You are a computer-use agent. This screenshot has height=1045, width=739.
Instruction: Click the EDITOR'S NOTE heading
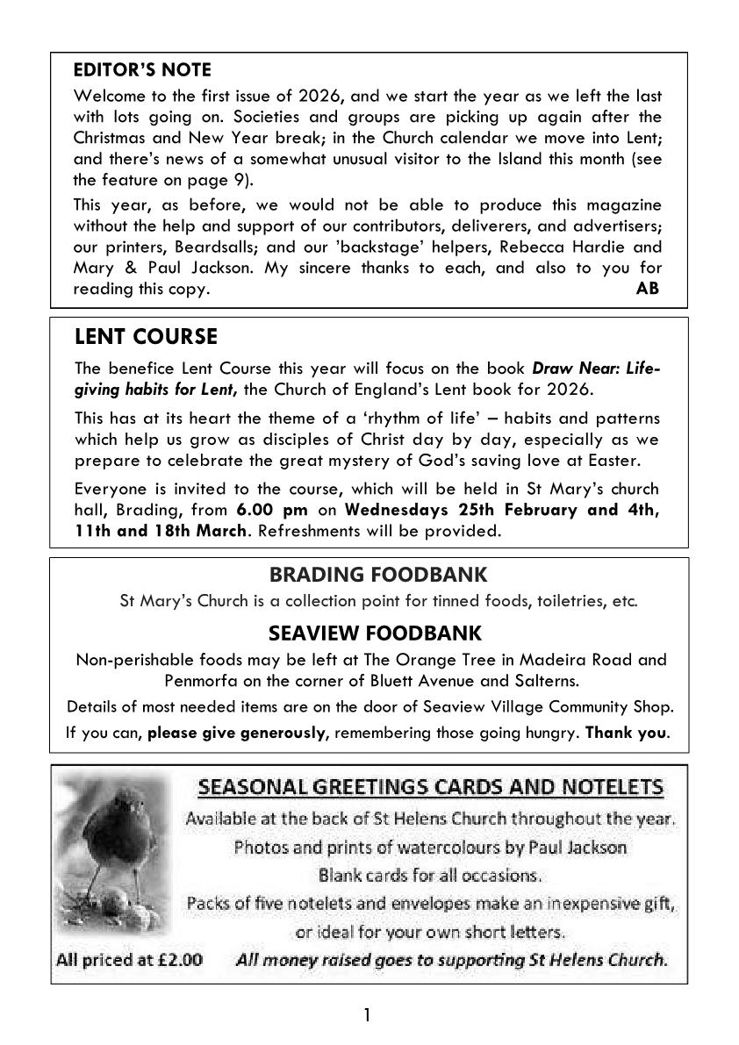[142, 69]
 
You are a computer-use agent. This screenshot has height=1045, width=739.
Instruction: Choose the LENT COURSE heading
[146, 337]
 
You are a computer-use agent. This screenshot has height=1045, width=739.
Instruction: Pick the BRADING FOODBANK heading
[377, 575]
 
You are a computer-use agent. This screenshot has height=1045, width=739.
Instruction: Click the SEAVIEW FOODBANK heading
[375, 633]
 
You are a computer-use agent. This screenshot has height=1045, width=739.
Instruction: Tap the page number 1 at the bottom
[368, 1015]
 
